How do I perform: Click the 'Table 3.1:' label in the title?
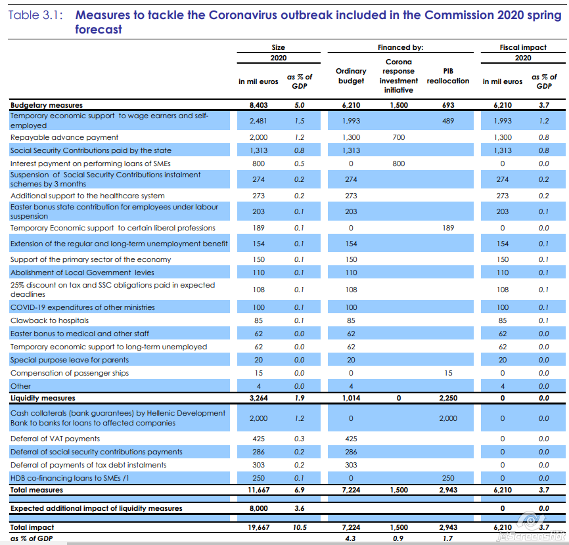click(35, 14)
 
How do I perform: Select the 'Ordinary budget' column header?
click(351, 76)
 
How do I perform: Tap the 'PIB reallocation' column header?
click(448, 76)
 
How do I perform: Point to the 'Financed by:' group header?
click(400, 47)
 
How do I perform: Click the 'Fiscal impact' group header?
click(523, 47)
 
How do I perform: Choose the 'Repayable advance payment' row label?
click(64, 137)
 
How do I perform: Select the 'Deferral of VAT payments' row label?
click(55, 439)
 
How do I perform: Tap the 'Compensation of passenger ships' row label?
click(70, 373)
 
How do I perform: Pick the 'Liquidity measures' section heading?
click(43, 398)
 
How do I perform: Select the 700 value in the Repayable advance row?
click(399, 137)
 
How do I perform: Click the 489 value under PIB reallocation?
click(448, 121)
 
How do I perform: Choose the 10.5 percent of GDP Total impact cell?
click(300, 527)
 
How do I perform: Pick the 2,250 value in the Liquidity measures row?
click(448, 398)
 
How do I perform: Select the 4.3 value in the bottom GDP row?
click(351, 538)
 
